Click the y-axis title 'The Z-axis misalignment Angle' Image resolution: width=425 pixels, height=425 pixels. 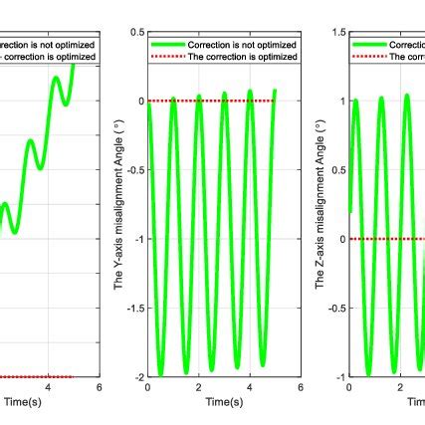click(x=319, y=205)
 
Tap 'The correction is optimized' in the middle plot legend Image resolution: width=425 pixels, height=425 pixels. click(x=242, y=57)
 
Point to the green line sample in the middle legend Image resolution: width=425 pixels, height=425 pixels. click(x=167, y=45)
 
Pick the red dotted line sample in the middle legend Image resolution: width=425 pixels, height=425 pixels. click(x=167, y=57)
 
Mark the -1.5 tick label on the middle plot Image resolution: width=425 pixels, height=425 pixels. click(x=133, y=309)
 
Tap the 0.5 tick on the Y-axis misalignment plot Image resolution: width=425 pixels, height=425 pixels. click(x=135, y=32)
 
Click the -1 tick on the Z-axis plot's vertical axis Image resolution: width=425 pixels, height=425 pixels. click(x=339, y=378)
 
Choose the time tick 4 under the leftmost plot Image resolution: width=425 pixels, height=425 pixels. click(x=49, y=389)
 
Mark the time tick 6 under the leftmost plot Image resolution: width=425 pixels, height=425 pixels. click(x=99, y=389)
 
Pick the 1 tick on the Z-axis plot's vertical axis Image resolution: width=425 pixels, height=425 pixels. click(x=341, y=102)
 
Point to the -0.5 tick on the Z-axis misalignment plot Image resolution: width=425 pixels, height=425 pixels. click(x=335, y=309)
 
